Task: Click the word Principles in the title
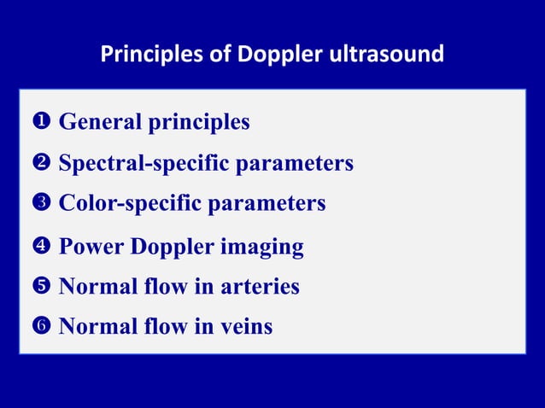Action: [148, 55]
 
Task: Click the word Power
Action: [91, 248]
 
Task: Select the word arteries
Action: [257, 287]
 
